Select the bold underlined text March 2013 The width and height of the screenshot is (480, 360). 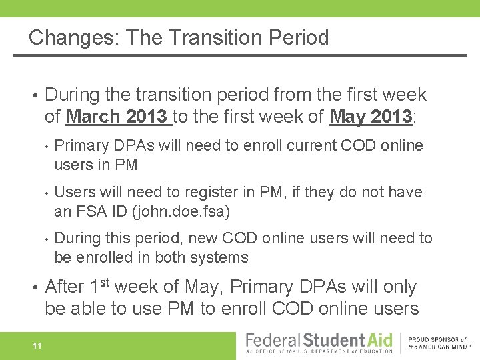(x=117, y=117)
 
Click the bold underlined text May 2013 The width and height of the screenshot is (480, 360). (x=371, y=117)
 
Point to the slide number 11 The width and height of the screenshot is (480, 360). (x=37, y=345)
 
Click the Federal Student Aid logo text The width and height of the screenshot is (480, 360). (x=319, y=341)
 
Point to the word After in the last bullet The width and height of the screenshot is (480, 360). (x=64, y=287)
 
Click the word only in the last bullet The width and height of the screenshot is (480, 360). (x=399, y=287)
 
